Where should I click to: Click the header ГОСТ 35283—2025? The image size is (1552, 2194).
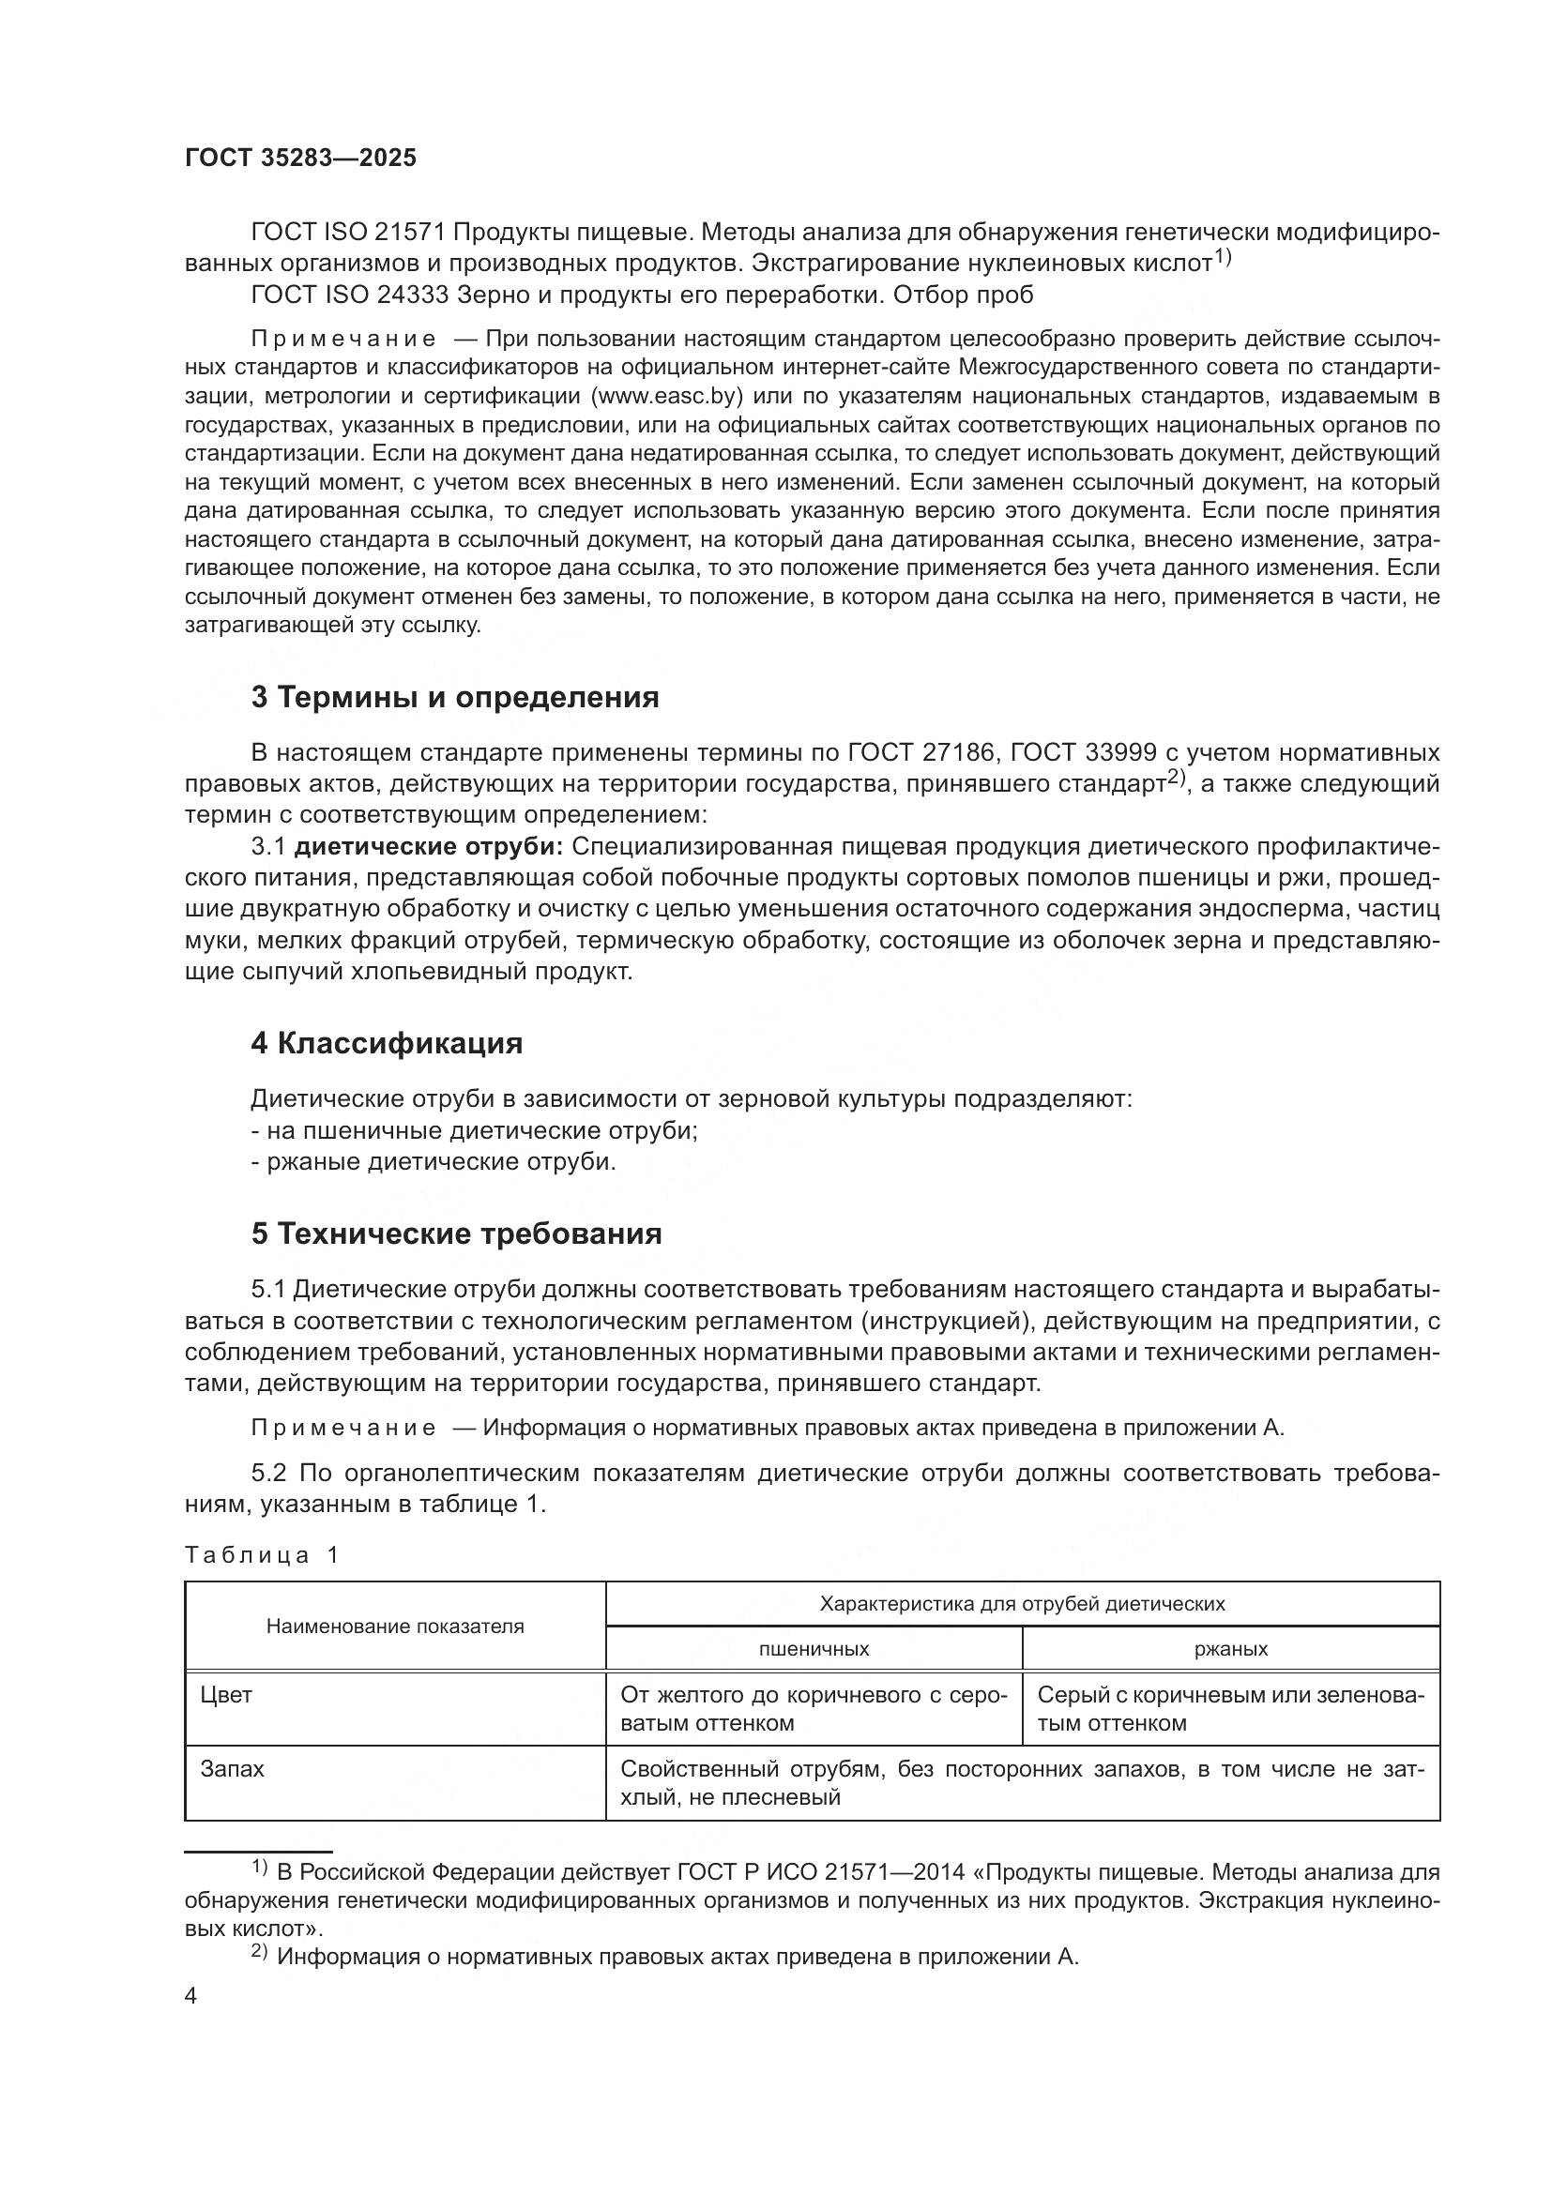300,159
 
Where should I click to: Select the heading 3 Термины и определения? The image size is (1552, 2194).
455,698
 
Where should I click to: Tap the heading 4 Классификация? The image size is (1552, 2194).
386,1043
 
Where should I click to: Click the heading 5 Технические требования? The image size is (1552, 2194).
456,1233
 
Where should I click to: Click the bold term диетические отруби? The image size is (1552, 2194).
429,847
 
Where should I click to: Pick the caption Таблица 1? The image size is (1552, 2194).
262,1554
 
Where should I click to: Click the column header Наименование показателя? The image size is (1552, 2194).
395,1627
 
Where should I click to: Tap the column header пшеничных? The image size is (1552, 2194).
814,1648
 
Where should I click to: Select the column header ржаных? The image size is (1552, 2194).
1231,1648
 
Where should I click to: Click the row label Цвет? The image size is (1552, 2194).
226,1694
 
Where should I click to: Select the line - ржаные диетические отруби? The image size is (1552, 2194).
433,1162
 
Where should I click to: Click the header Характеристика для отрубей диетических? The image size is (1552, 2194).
1022,1603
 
